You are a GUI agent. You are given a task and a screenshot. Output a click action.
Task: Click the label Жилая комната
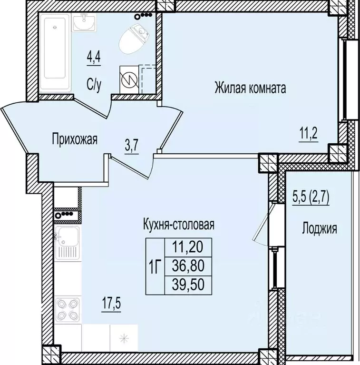[250, 88]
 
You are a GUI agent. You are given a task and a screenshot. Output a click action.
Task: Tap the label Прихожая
[74, 139]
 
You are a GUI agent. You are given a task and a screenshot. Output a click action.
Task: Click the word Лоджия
[320, 229]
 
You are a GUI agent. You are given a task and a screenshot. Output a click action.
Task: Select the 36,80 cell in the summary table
[187, 266]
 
